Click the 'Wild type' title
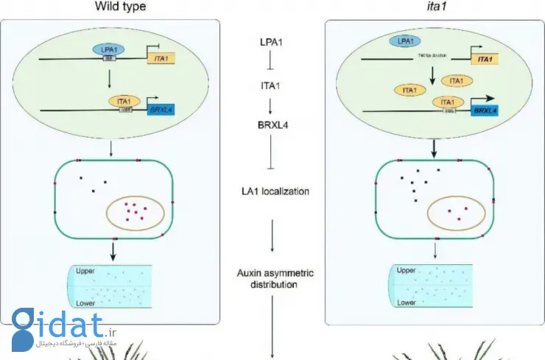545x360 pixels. tap(120, 7)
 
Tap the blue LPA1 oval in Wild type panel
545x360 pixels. tap(108, 49)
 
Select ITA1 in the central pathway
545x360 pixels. tap(273, 85)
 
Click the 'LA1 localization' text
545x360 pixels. tap(273, 191)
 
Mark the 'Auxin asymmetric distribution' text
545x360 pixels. tap(273, 278)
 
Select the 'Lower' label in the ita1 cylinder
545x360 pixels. tap(407, 302)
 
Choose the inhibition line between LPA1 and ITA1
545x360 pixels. tap(273, 60)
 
